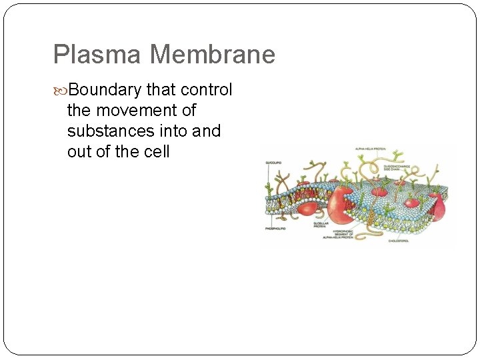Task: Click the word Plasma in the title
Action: click(88, 55)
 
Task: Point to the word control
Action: click(207, 90)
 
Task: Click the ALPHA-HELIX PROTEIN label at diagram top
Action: click(371, 149)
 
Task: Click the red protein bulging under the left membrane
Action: click(307, 207)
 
